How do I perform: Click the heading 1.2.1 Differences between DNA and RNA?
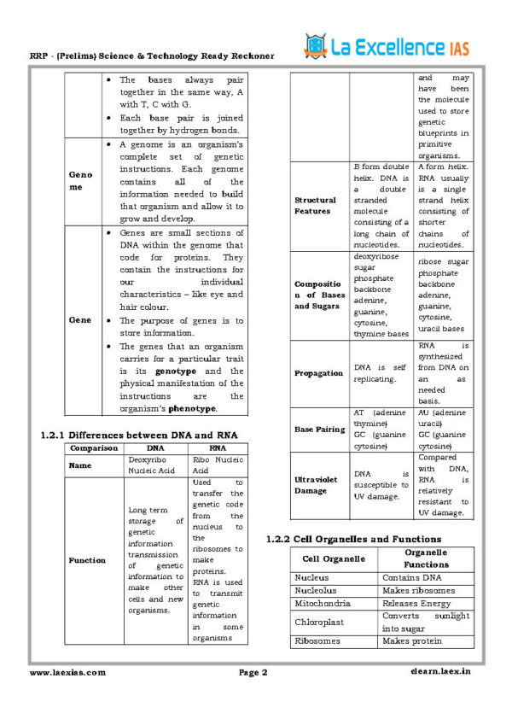pos(139,435)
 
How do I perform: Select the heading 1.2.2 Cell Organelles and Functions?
pos(353,539)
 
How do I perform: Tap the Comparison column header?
pos(93,447)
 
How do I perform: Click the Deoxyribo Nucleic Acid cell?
pos(150,465)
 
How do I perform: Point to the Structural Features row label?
pos(316,205)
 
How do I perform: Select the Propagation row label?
pos(318,373)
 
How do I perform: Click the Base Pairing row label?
pos(320,429)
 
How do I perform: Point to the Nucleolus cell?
pos(316,590)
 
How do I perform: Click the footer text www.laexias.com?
pos(68,672)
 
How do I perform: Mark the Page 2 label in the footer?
pos(253,672)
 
